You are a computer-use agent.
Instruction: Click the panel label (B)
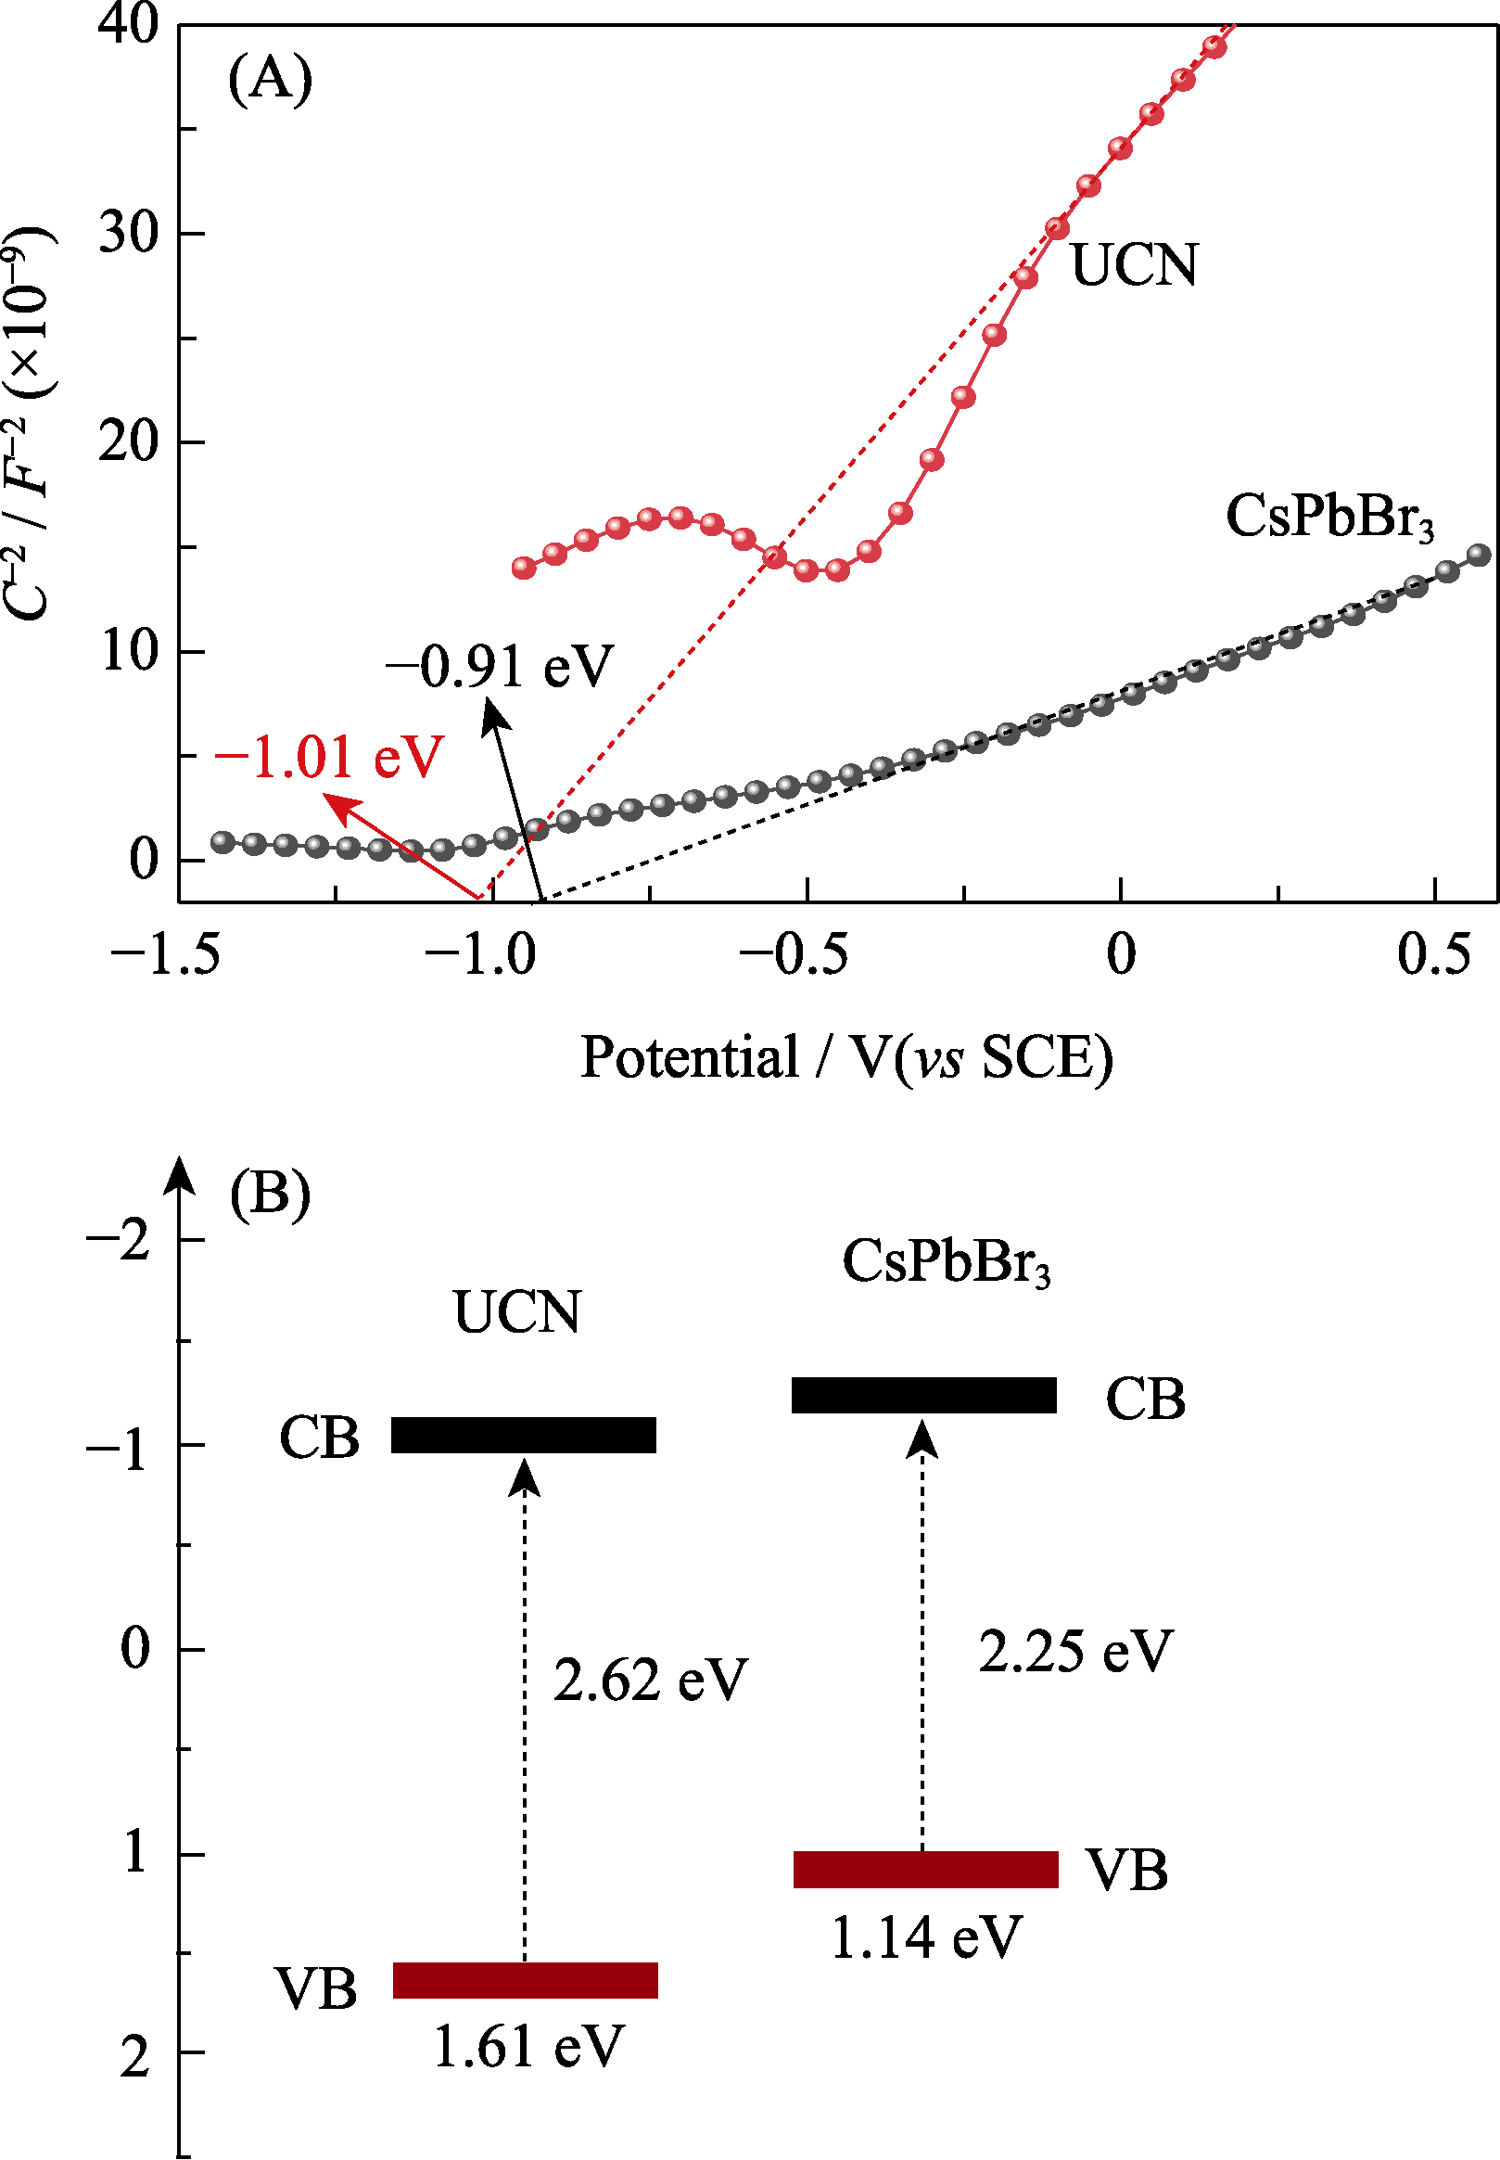[270, 1195]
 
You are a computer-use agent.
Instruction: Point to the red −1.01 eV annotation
[328, 758]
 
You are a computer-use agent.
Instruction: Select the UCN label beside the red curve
[1135, 265]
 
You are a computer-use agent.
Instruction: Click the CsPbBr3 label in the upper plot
[1328, 518]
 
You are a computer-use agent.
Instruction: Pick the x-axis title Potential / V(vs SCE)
[845, 1057]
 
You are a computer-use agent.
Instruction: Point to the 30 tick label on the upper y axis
[130, 232]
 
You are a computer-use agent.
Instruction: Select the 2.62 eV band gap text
[650, 1680]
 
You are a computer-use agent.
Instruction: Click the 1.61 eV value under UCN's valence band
[528, 2046]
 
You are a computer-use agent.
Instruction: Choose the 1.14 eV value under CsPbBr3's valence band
[926, 1937]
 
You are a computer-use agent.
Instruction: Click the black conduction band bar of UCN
[524, 1436]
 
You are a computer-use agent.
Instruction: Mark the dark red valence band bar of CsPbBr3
[926, 1870]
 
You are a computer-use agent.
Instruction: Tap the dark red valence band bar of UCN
[525, 1980]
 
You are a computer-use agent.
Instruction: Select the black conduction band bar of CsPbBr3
[924, 1395]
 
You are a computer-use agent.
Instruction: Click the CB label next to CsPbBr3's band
[1145, 1400]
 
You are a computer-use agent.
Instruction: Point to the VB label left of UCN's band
[317, 1990]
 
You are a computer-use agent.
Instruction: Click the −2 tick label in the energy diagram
[120, 1240]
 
